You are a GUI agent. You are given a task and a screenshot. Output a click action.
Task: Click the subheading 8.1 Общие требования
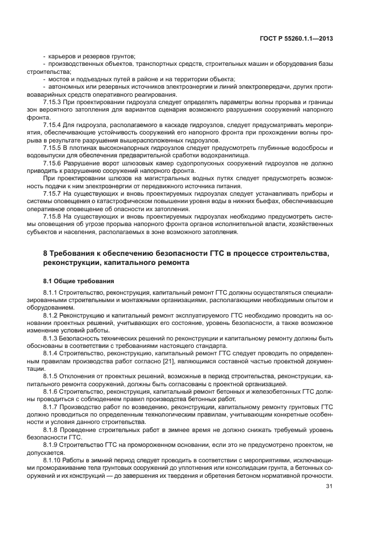78,281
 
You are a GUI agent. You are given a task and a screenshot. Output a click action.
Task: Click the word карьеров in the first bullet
62,57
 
